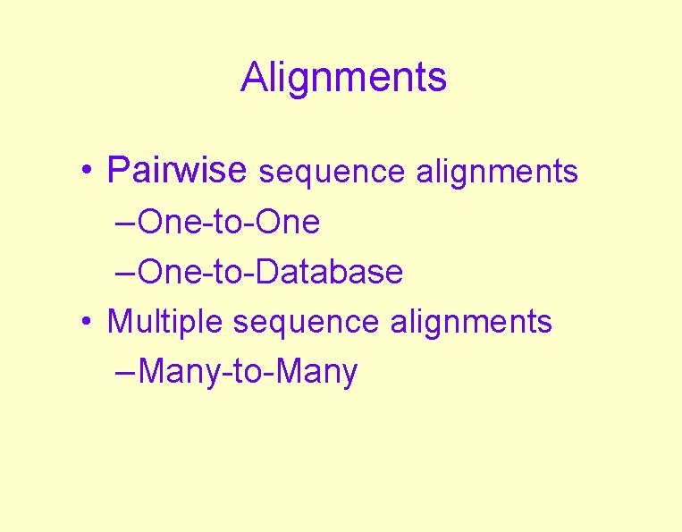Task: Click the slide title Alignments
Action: tap(343, 78)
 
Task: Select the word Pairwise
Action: tap(176, 170)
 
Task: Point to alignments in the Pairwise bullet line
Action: tap(497, 171)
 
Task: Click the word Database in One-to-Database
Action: tap(329, 272)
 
